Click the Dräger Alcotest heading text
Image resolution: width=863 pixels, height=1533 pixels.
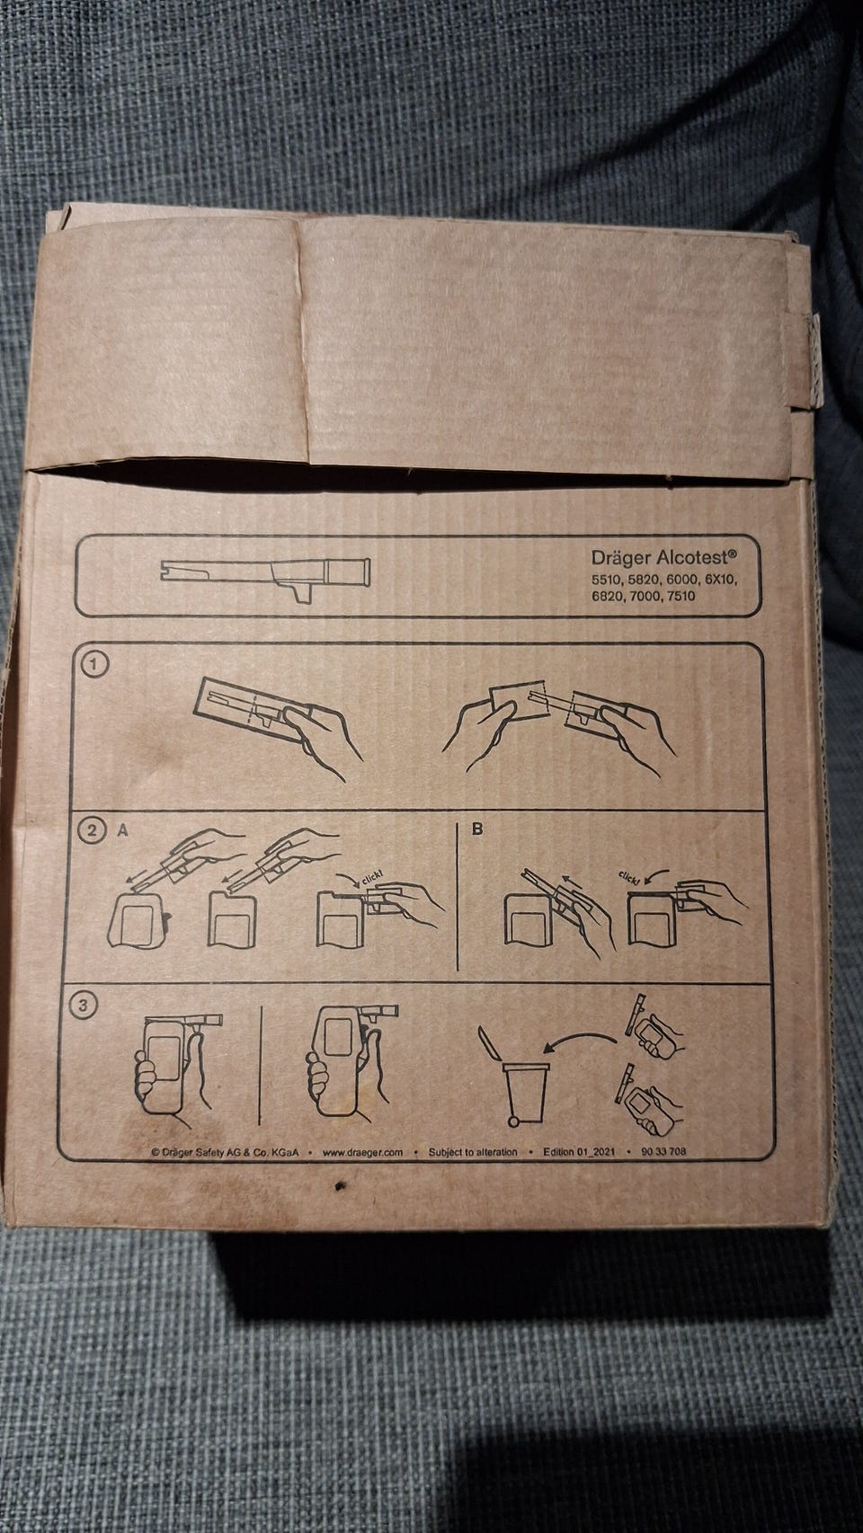(664, 555)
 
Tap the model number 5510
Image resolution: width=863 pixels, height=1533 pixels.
(606, 580)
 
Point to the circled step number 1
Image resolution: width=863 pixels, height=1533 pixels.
(94, 664)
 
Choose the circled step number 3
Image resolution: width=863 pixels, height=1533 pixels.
(84, 1006)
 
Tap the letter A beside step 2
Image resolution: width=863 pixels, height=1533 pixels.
(122, 830)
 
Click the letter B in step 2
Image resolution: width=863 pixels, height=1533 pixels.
(477, 829)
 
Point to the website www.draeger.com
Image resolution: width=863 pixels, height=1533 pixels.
(362, 1152)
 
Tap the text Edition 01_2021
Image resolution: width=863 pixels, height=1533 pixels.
(580, 1152)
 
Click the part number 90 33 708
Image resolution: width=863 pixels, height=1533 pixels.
(663, 1151)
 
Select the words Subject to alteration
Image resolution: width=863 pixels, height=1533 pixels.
(473, 1152)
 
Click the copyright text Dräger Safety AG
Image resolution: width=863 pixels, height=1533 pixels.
(225, 1153)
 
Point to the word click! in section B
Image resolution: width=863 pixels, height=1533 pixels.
(628, 877)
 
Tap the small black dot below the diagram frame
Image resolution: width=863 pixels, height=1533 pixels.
(338, 1187)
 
